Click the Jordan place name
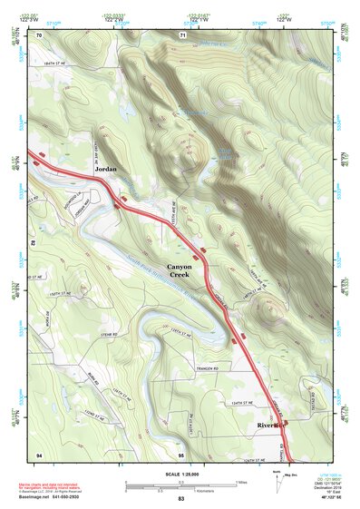(x=107, y=169)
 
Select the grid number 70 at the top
(x=38, y=34)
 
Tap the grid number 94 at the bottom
(x=38, y=453)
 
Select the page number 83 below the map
(x=180, y=499)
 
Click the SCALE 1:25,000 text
(x=180, y=470)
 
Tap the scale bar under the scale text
(x=180, y=481)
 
